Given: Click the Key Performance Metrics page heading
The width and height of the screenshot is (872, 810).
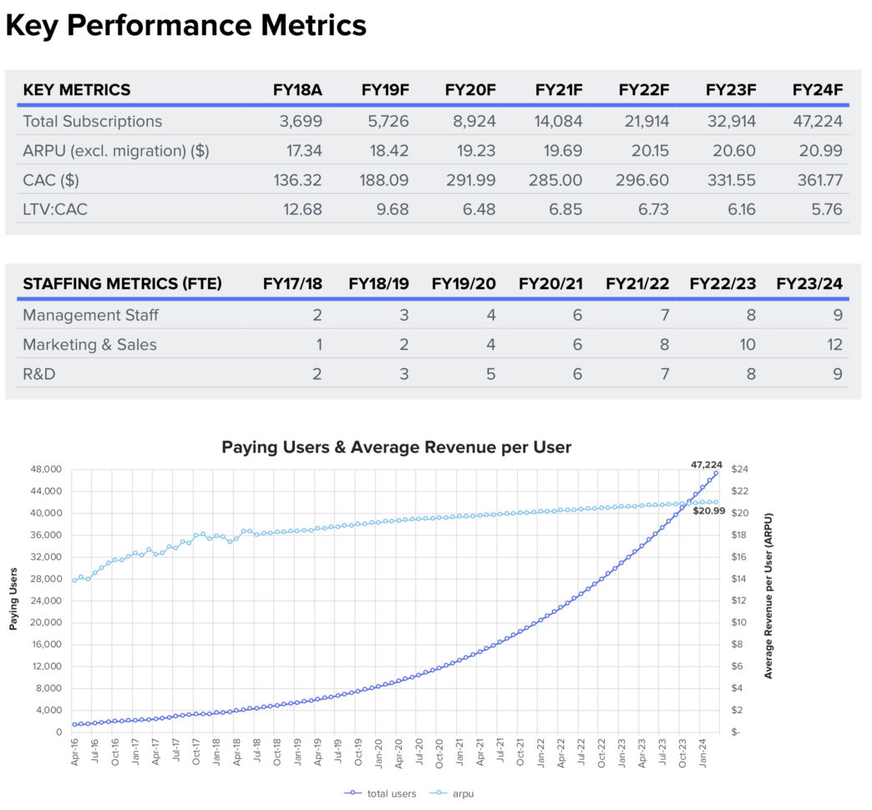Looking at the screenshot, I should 185,26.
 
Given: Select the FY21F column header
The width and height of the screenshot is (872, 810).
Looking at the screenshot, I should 558,90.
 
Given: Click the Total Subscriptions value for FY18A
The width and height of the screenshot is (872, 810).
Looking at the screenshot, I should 301,121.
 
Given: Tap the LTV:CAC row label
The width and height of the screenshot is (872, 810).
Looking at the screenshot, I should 55,209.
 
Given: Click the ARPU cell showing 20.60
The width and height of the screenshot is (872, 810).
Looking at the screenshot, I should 732,150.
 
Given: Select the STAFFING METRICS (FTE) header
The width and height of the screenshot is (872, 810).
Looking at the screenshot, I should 122,284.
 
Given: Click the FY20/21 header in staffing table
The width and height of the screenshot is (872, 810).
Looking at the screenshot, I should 550,284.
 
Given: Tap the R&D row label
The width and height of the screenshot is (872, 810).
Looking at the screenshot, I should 38,373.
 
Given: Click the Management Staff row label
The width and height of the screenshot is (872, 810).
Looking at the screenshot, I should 90,315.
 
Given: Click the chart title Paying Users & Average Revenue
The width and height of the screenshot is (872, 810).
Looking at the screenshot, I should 396,448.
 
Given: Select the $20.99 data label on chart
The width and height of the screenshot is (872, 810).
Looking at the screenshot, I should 708,510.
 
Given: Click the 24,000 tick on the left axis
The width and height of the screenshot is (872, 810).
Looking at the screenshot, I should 46,600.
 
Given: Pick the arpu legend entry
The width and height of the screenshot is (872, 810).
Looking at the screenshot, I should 455,793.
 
